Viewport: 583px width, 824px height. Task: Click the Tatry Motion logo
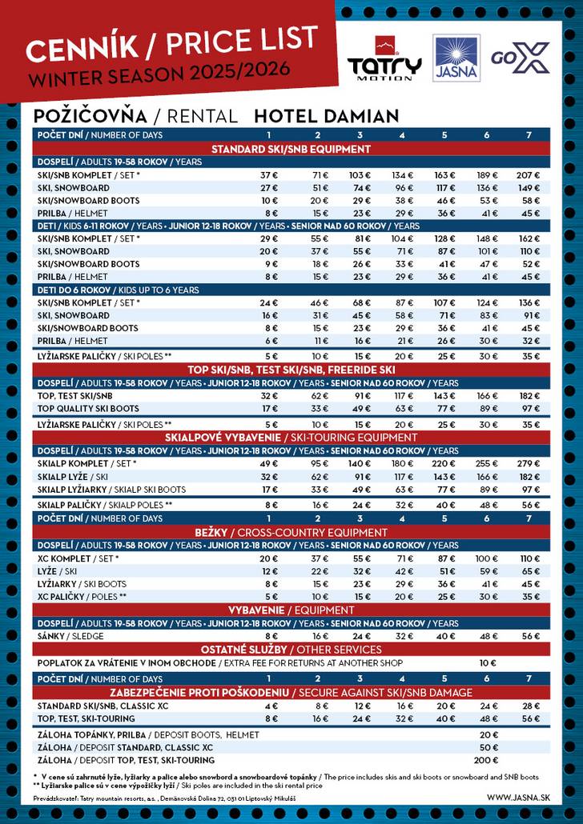click(384, 59)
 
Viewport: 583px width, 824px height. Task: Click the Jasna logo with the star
click(456, 58)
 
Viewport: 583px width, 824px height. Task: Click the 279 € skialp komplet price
click(528, 464)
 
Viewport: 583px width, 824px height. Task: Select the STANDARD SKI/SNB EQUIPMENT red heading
click(291, 149)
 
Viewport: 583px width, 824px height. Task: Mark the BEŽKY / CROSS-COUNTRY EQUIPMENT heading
click(291, 532)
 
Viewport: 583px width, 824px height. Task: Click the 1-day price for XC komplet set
click(269, 558)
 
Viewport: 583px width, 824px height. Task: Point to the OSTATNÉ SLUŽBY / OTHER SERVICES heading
click(291, 650)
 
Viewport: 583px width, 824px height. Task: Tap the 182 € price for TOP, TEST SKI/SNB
click(528, 396)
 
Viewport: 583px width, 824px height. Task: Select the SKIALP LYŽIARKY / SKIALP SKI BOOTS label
click(111, 490)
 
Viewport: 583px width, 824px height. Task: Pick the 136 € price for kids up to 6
click(528, 302)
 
